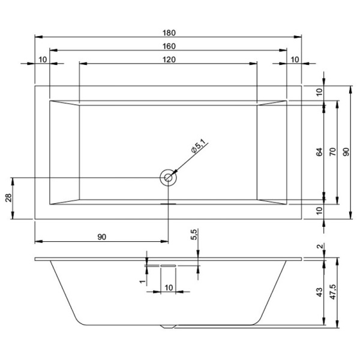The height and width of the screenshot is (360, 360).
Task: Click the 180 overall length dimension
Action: tap(168, 32)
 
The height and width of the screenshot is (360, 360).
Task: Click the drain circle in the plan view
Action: tap(169, 178)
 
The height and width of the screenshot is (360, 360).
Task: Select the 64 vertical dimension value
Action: tap(319, 152)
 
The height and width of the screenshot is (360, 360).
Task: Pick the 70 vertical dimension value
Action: tap(332, 152)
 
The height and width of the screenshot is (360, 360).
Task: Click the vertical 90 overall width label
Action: tap(346, 152)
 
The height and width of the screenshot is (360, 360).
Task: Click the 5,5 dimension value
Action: tap(193, 235)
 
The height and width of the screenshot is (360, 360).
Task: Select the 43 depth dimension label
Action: tap(319, 292)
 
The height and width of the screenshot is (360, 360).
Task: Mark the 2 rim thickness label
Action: tap(319, 247)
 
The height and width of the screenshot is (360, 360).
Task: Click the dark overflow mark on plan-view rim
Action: tap(169, 203)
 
